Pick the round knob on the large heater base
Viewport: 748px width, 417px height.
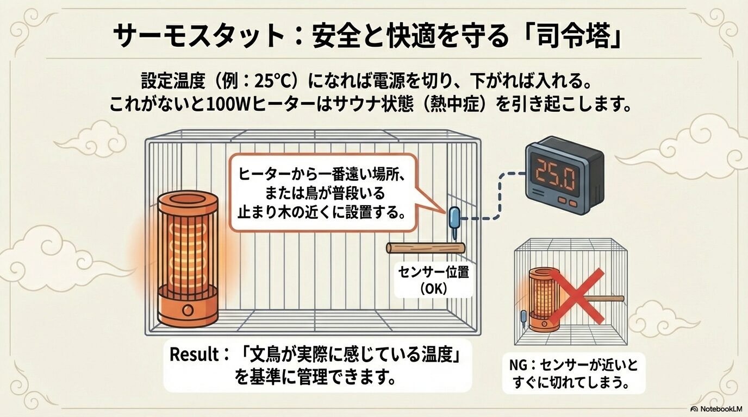[188, 311]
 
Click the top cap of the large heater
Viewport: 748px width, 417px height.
[188, 203]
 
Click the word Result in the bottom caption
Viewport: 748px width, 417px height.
[194, 355]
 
